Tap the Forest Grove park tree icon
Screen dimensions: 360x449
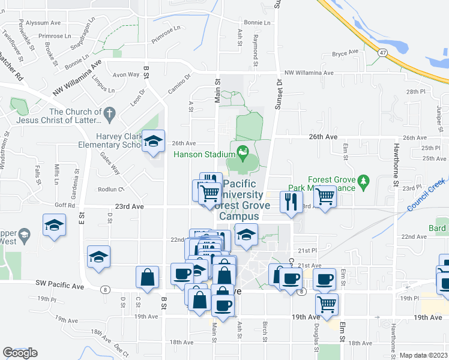tap(363, 181)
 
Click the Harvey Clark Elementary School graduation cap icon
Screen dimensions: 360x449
tap(154, 141)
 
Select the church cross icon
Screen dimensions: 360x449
tap(109, 112)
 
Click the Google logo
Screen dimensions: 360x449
tap(20, 353)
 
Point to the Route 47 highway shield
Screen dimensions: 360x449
tap(382, 53)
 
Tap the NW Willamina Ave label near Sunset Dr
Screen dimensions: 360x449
tap(309, 73)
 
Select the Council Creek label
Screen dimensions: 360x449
tap(426, 194)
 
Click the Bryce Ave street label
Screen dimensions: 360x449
tap(345, 53)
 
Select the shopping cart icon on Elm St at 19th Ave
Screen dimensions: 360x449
tap(327, 304)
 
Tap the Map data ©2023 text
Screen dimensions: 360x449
tap(424, 355)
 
